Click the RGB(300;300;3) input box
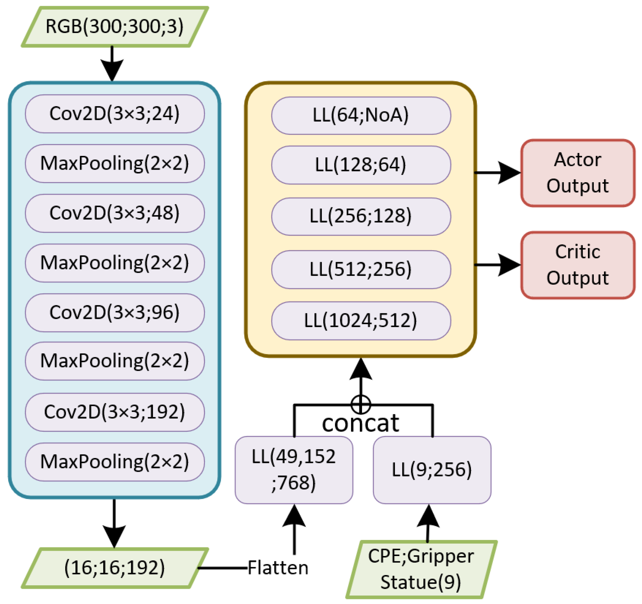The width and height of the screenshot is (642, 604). click(115, 27)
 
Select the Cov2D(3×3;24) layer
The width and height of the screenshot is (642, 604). click(115, 114)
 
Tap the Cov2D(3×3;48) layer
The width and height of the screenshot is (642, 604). click(115, 213)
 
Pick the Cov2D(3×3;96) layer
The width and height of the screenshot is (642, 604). click(115, 313)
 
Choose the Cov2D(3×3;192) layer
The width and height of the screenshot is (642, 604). click(115, 412)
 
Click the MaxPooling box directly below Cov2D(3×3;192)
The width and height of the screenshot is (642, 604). click(115, 462)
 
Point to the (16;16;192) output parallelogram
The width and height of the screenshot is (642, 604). click(115, 568)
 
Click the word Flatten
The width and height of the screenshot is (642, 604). click(278, 568)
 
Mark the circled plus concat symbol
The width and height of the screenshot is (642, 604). click(360, 404)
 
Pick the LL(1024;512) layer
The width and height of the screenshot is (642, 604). click(361, 321)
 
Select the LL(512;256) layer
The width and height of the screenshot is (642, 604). click(361, 269)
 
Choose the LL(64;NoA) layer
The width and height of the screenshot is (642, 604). click(361, 115)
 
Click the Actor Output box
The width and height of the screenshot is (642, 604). click(577, 173)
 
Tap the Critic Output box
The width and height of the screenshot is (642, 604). click(577, 265)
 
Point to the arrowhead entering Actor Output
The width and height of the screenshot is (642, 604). click(509, 173)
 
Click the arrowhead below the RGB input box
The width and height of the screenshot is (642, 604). click(112, 70)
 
